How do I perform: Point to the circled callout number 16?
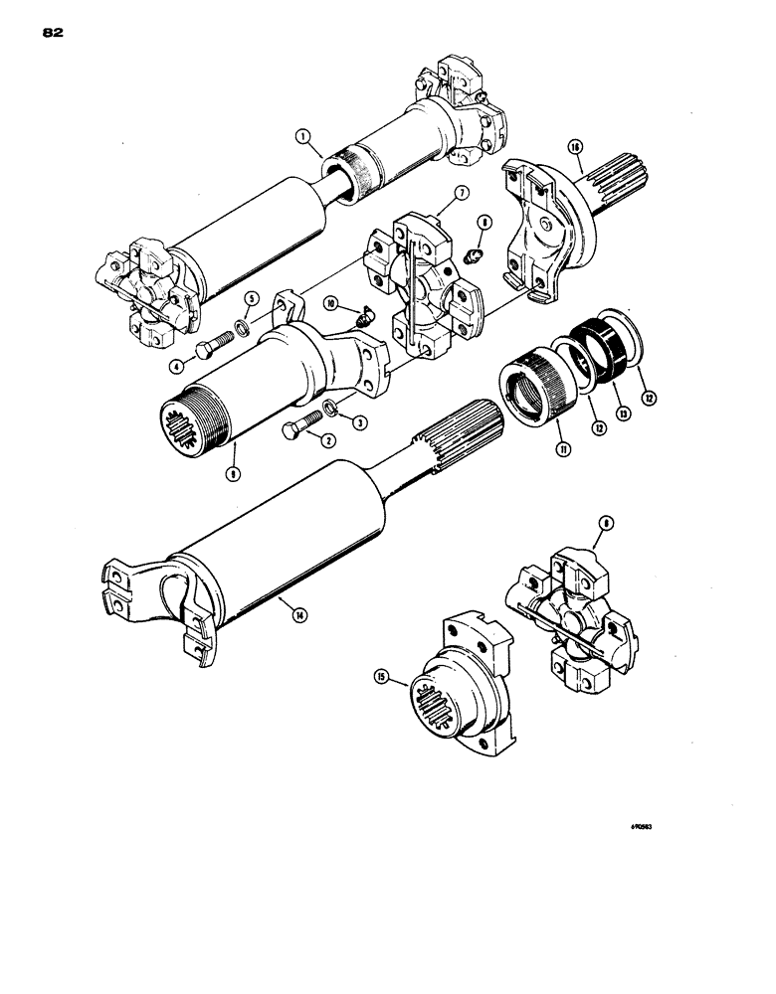pos(574,146)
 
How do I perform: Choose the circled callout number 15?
pos(409,681)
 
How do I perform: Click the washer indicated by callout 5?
pos(245,327)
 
